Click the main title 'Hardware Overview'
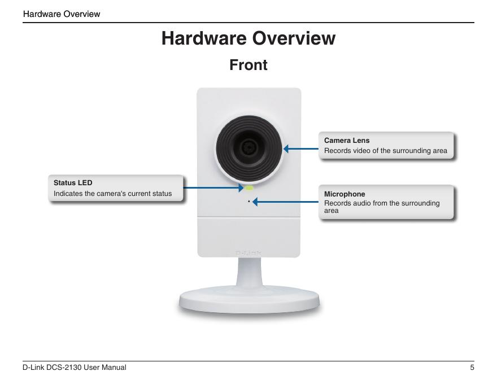(x=248, y=38)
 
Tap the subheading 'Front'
(x=248, y=65)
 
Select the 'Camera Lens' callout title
(x=347, y=140)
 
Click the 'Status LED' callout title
(x=73, y=183)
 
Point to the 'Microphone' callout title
(x=345, y=194)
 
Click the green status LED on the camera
(x=248, y=187)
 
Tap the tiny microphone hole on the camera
(x=249, y=200)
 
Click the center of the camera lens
(x=248, y=148)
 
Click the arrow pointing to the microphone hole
(x=285, y=201)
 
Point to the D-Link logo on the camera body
(x=248, y=252)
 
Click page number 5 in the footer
(x=472, y=368)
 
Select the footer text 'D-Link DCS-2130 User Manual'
(x=75, y=368)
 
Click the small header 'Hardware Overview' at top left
(x=62, y=14)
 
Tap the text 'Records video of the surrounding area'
(x=385, y=151)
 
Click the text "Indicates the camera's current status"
(x=112, y=194)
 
